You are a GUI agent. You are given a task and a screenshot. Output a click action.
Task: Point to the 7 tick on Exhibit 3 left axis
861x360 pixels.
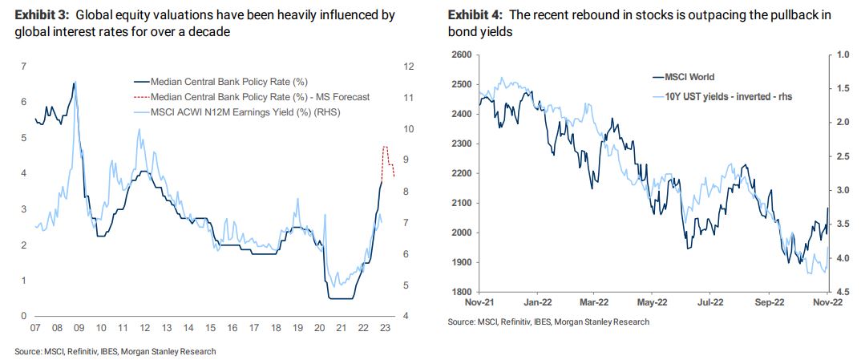[23, 66]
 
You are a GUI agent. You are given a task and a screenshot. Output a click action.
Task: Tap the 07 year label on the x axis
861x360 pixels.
[34, 328]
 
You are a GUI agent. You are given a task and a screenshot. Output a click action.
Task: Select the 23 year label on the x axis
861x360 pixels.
[386, 328]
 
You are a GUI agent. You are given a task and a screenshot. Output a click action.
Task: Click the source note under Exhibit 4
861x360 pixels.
[549, 322]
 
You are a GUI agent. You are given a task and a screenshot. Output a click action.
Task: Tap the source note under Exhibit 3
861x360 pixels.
[115, 351]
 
